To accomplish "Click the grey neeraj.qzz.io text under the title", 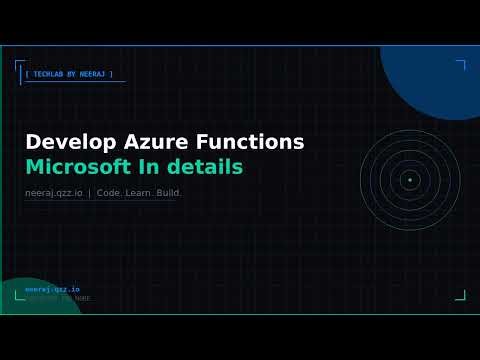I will pyautogui.click(x=54, y=192).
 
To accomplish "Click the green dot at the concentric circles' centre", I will pyautogui.click(x=409, y=180).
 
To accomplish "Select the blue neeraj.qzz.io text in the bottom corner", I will pyautogui.click(x=45, y=289).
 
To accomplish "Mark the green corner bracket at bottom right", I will pyautogui.click(x=461, y=295).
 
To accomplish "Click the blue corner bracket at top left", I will pyautogui.click(x=19, y=67).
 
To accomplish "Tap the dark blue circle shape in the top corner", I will pyautogui.click(x=435, y=75).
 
